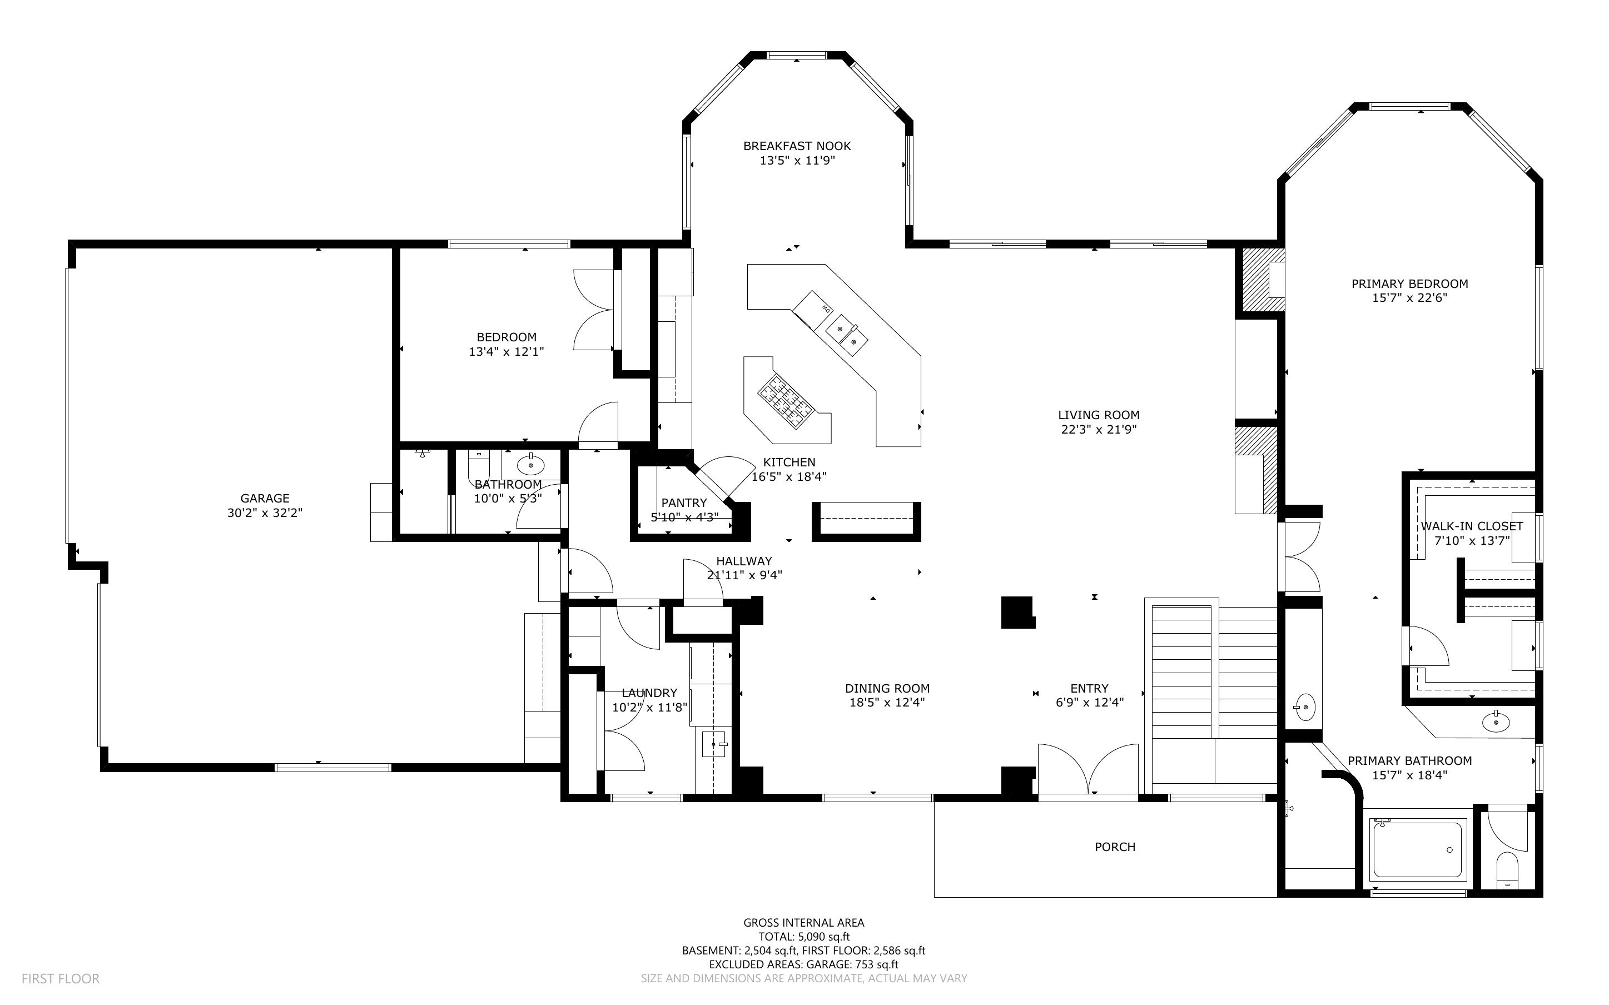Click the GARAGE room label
pos(265,499)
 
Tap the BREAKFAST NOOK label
pos(797,146)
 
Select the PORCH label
pos(1115,847)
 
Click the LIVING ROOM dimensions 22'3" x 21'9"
pos(1099,429)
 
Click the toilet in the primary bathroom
pos(1507,870)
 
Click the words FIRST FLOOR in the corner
pos(61,978)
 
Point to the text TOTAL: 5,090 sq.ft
pos(804,937)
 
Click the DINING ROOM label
pos(887,689)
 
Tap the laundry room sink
pos(714,744)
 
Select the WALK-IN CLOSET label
pos(1472,526)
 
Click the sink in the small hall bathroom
pos(530,465)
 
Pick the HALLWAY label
pos(744,561)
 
